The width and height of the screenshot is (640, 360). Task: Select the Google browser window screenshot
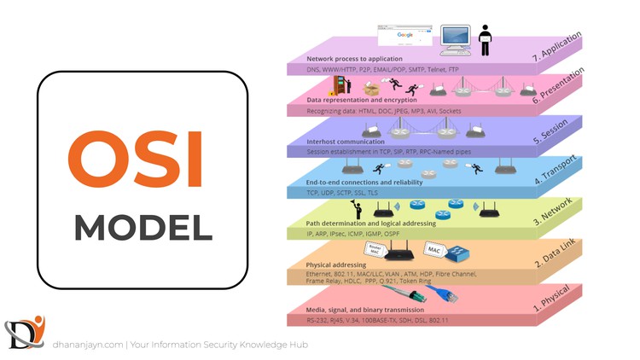[404, 37]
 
